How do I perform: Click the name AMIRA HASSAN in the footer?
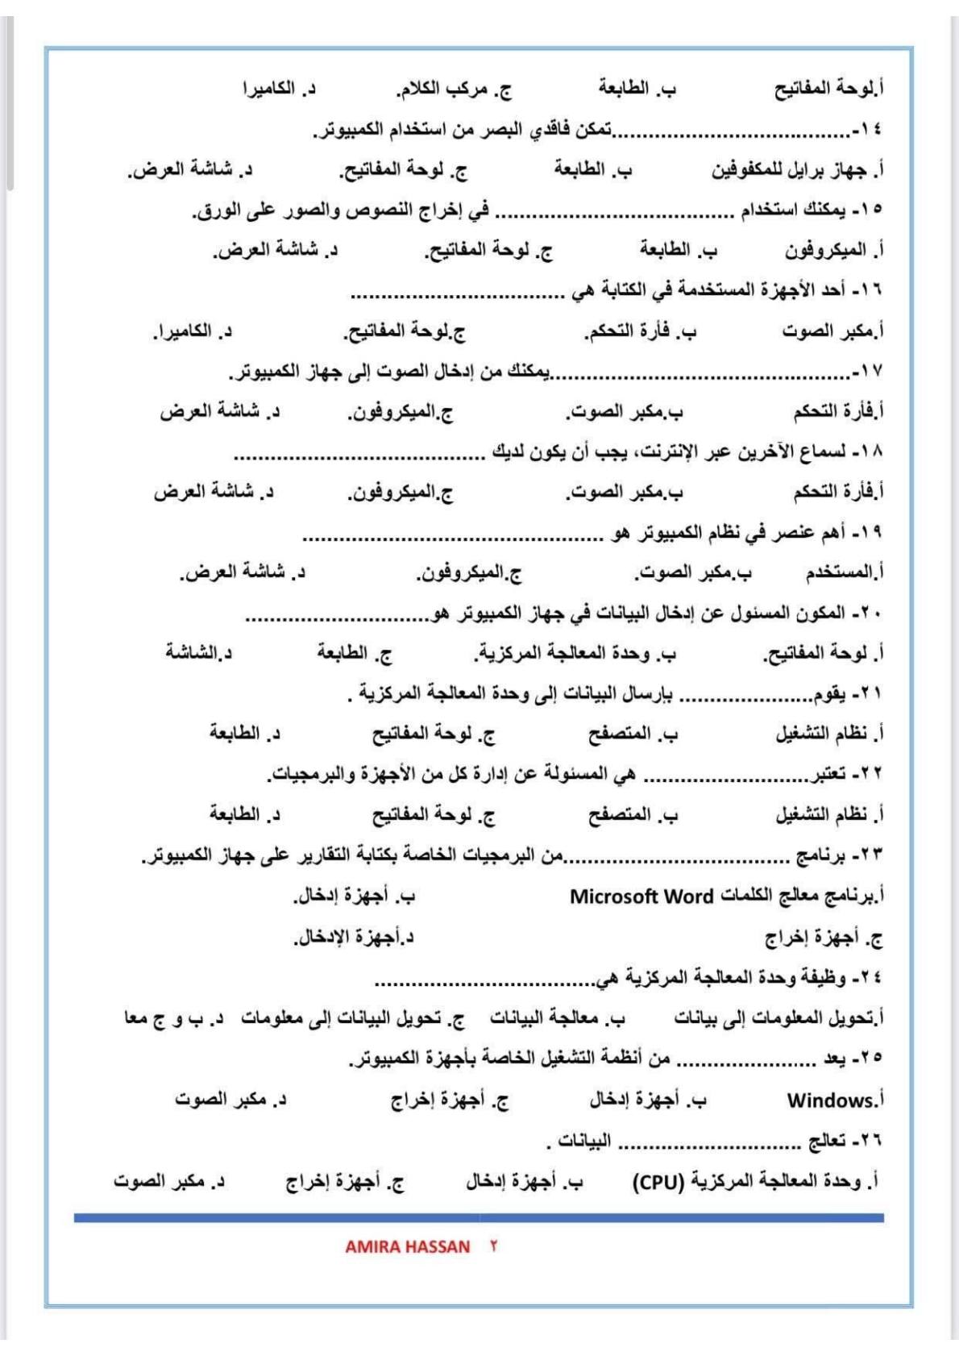407,1246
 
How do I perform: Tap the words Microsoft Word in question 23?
641,896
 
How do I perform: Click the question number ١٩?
870,533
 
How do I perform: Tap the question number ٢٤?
870,978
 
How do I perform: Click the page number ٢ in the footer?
493,1246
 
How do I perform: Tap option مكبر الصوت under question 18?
623,492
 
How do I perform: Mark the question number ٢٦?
870,1141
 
